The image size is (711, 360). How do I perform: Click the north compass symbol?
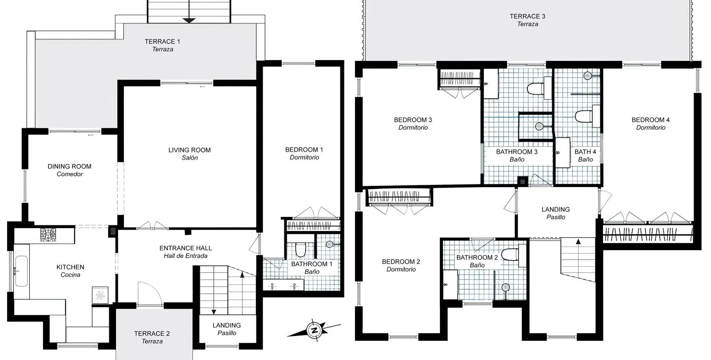pos(314,331)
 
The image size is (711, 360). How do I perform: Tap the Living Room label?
pos(189,154)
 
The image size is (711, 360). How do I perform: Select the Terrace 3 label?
pos(527,20)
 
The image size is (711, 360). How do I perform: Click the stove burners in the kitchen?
pos(48,235)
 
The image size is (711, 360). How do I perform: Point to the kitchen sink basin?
pos(21,271)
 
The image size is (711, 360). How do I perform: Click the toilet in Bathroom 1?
pos(300,250)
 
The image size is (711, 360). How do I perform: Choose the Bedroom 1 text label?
pos(304,153)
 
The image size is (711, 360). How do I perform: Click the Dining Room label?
pos(69,170)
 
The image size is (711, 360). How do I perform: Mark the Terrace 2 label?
pos(152,337)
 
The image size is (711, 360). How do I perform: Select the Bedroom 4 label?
pos(651,124)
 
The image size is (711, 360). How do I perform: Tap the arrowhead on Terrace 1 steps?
pos(189,20)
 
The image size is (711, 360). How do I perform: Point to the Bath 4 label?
pos(585,156)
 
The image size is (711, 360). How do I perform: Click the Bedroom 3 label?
pos(413,124)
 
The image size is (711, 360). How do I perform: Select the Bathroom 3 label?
pos(517,156)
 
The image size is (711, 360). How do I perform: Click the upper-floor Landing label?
pos(555,213)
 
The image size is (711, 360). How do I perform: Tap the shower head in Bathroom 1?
pos(329,244)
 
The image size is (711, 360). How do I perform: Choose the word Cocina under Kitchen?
pos(70,275)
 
